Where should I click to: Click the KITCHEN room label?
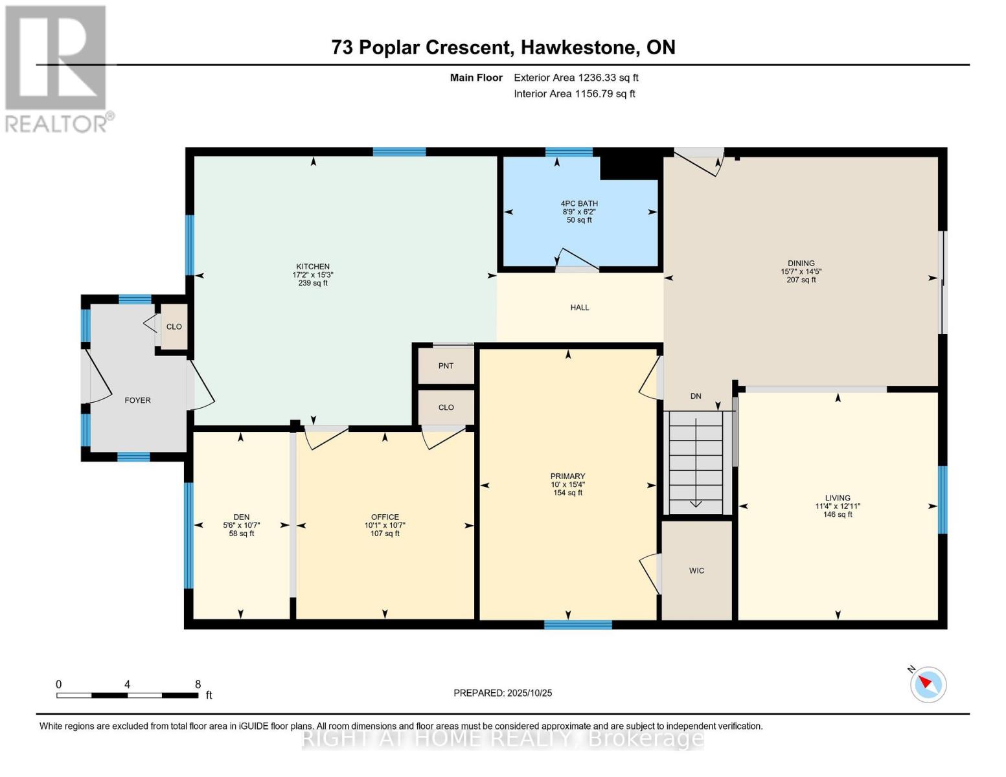313,267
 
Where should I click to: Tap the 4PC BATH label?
579,203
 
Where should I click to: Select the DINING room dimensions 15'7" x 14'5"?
801,272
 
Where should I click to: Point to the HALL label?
580,308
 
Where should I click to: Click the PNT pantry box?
446,366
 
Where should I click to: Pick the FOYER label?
137,400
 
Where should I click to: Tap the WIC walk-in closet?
696,570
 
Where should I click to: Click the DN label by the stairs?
695,396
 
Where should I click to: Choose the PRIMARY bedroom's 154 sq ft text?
567,493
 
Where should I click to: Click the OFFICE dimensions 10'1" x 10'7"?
385,525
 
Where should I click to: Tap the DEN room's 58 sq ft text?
241,534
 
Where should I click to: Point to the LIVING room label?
838,498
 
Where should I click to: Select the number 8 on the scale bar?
198,684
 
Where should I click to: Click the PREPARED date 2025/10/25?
529,693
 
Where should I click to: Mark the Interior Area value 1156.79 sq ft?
604,94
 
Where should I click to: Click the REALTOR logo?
57,69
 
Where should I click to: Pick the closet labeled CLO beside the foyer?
174,327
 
